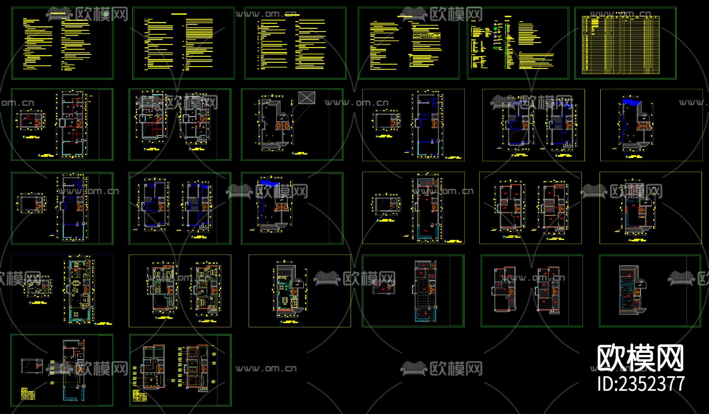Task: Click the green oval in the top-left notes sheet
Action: (106, 14)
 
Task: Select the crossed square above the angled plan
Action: (306, 97)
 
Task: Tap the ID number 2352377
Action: (641, 383)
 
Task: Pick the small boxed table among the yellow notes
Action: (426, 35)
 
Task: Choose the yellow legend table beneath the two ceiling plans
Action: (140, 395)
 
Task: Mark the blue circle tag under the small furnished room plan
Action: (31, 303)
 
